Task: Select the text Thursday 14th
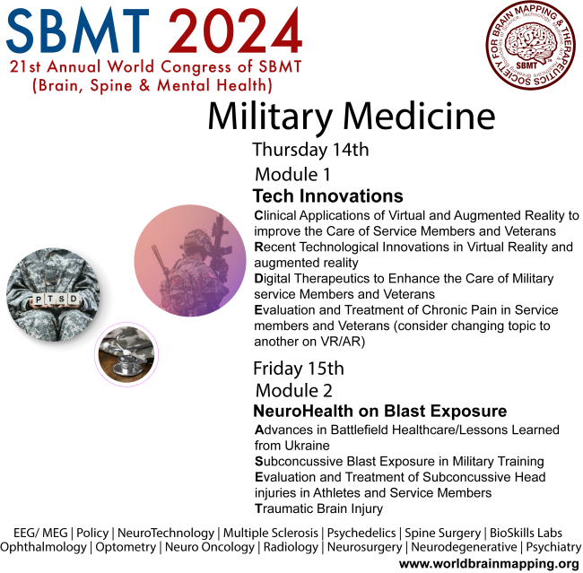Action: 310,150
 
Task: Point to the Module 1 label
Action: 293,174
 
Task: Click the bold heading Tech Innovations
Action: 327,196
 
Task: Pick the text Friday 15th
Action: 298,368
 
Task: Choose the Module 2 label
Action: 294,391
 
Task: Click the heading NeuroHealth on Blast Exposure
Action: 379,412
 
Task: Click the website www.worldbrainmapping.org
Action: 489,563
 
